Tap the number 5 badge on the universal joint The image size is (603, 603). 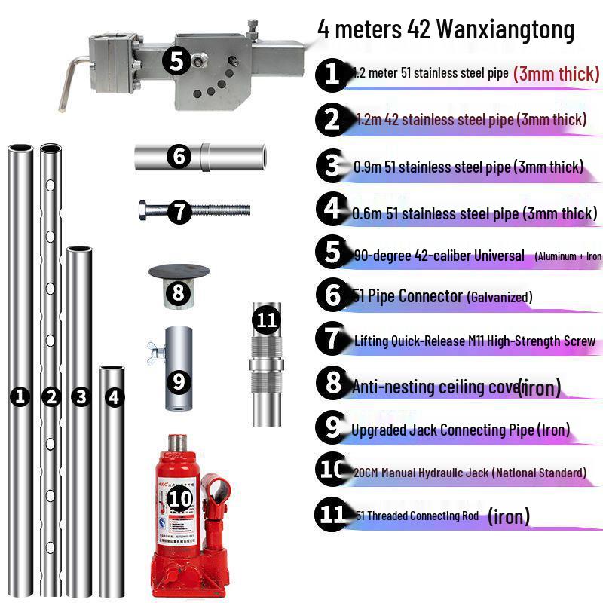pos(176,60)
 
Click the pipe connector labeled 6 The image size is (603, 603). pos(201,157)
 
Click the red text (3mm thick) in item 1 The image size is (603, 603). pos(556,74)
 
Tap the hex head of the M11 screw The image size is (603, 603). pos(146,210)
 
